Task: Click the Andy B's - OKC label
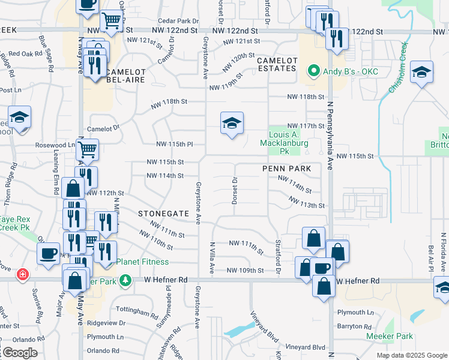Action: (x=345, y=71)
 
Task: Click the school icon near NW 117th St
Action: (x=232, y=123)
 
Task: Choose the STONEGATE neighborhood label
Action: (x=163, y=214)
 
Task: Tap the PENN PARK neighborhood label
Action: (x=286, y=169)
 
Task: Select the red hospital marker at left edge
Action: (x=23, y=274)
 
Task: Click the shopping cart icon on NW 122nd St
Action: (x=111, y=20)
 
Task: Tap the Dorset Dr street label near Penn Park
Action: (x=235, y=190)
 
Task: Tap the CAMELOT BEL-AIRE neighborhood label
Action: (x=127, y=76)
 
